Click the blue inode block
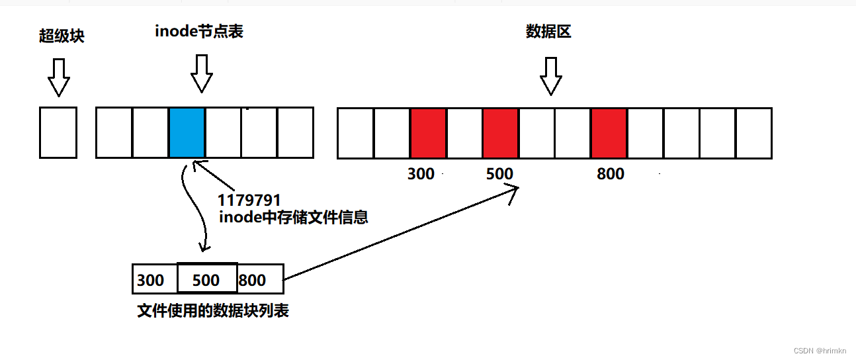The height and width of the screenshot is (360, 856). pos(187,133)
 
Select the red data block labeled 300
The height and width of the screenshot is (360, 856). pos(428,133)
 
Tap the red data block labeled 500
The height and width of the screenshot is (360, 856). pos(500,133)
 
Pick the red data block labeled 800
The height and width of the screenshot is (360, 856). pos(609,133)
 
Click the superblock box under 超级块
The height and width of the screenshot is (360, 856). pos(58,133)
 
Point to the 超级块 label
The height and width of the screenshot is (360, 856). pos(62,36)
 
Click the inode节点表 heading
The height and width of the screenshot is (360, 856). pos(199,31)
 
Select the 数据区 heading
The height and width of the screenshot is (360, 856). pos(548,31)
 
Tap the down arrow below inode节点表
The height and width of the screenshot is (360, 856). pos(202,73)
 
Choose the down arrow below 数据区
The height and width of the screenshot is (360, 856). pos(550,75)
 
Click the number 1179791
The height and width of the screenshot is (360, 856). pos(249,200)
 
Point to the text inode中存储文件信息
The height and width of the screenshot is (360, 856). pos(293,216)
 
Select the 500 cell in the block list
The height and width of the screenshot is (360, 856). pos(206,279)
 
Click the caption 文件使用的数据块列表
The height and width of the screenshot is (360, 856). pos(213,310)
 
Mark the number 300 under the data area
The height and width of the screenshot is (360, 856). pos(421,174)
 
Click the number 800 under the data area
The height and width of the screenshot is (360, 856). pos(611,174)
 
